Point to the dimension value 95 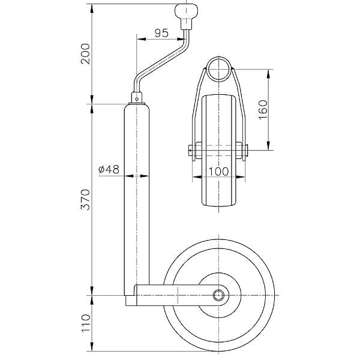point(160,33)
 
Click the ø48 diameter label point(108,170)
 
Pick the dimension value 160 point(262,109)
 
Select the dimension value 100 point(220,171)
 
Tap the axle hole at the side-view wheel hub point(220,296)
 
